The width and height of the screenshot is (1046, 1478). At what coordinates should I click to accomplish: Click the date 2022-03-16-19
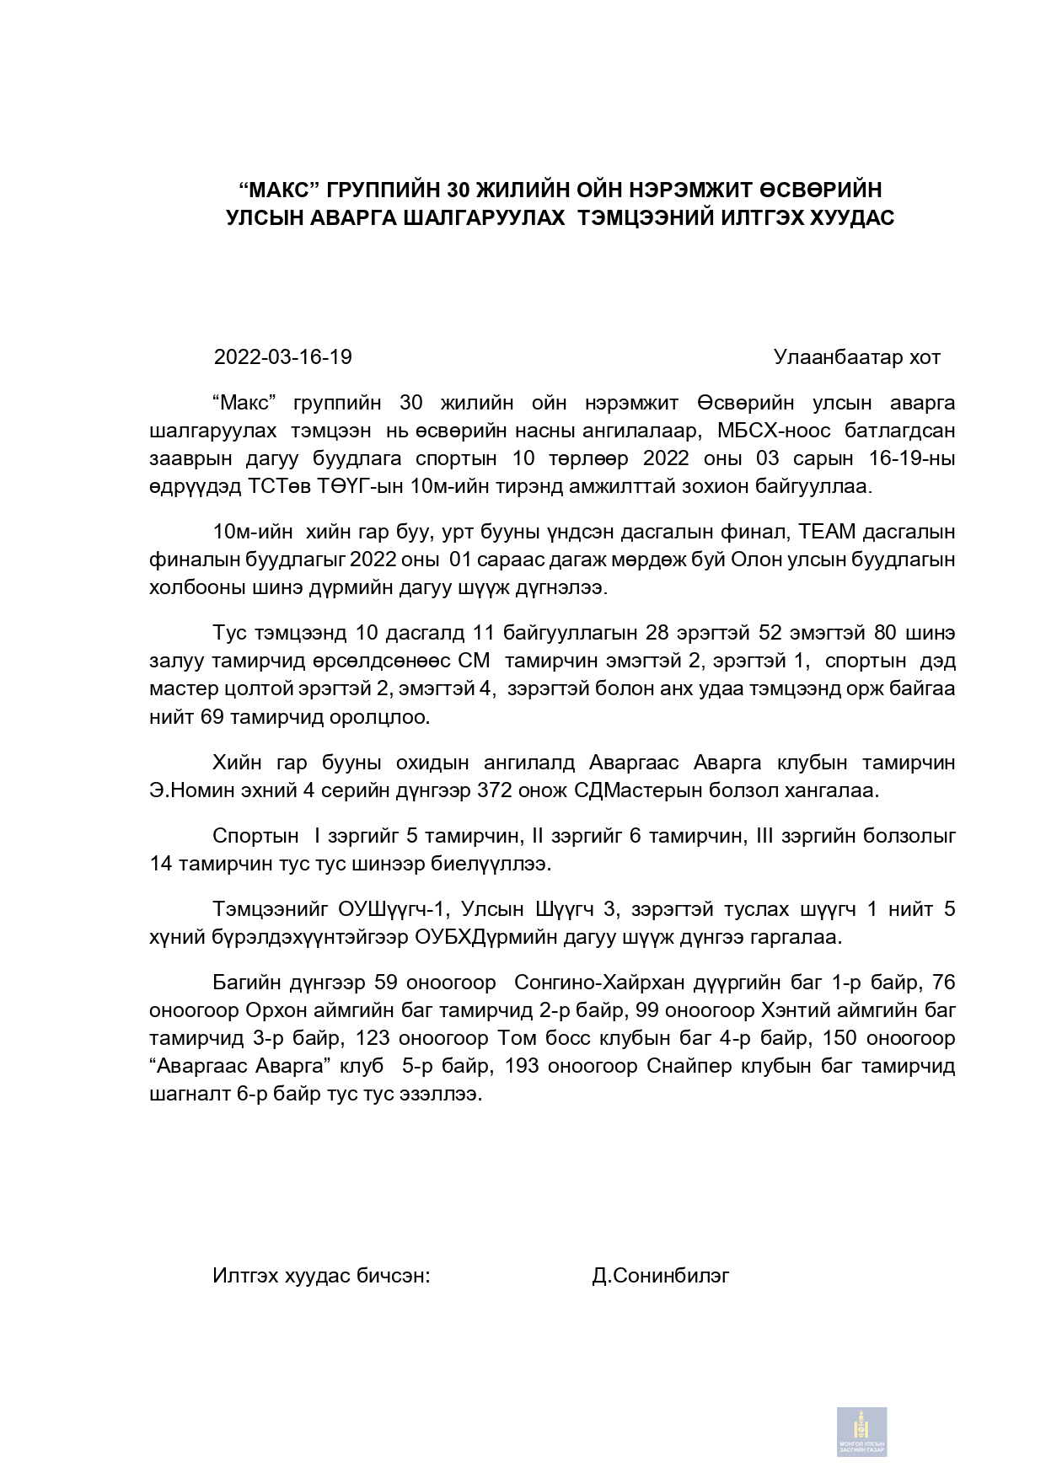click(282, 357)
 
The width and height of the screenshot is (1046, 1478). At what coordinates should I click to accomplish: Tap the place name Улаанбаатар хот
click(856, 357)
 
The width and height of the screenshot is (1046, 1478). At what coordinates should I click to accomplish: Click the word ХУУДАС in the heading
click(851, 218)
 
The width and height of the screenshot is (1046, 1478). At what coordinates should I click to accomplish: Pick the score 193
click(523, 1066)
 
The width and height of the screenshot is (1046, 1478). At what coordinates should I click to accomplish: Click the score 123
click(373, 1038)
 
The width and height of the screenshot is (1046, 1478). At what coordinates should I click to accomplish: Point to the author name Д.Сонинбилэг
click(660, 1276)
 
